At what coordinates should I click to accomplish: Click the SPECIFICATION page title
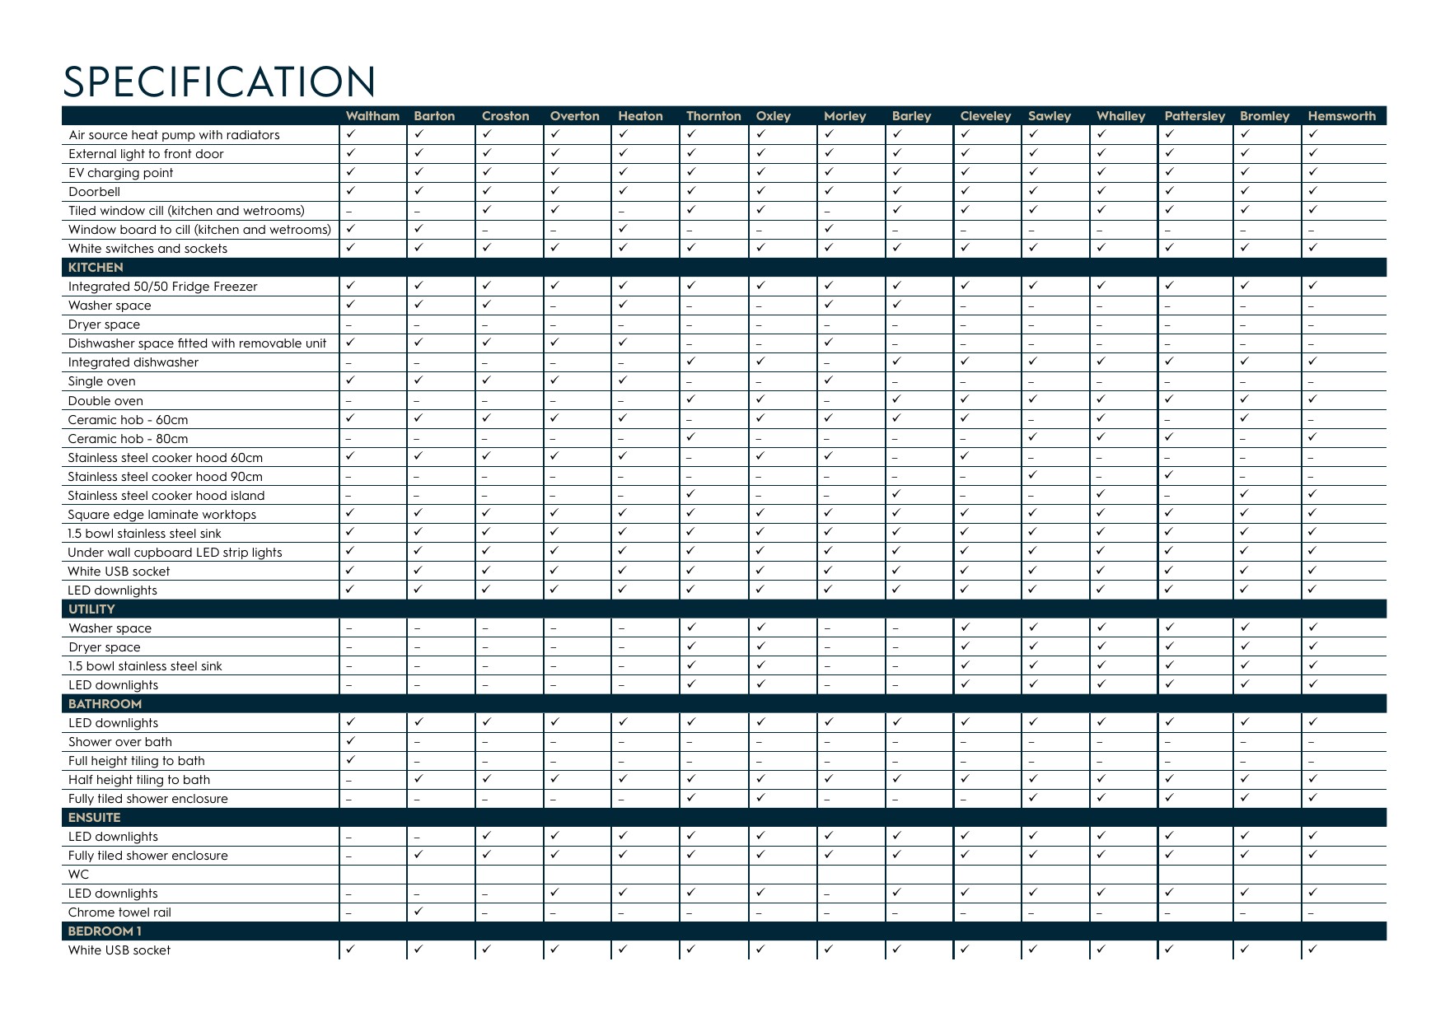(219, 82)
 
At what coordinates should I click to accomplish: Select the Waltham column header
(372, 116)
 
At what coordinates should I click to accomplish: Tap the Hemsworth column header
(1341, 116)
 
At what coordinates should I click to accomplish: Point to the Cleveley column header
(985, 116)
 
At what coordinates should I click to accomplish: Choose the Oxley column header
(773, 116)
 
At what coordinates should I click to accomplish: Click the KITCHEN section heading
(96, 268)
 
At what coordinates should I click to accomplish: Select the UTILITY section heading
(91, 609)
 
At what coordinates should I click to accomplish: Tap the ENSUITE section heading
(94, 818)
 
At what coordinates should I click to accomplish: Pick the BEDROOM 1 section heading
(105, 931)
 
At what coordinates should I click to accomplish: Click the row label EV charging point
(120, 173)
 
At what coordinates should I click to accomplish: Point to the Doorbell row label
(94, 192)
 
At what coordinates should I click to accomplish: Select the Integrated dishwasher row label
(133, 362)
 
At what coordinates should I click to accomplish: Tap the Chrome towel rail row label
(119, 912)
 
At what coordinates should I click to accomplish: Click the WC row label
(78, 875)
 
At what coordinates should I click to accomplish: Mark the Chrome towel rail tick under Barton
(419, 911)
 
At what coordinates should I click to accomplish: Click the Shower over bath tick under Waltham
(350, 740)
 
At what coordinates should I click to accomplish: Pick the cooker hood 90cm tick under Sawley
(1033, 475)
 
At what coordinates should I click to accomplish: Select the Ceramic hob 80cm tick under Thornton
(690, 437)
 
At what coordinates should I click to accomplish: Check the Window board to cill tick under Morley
(828, 228)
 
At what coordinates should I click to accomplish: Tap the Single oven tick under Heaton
(622, 380)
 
